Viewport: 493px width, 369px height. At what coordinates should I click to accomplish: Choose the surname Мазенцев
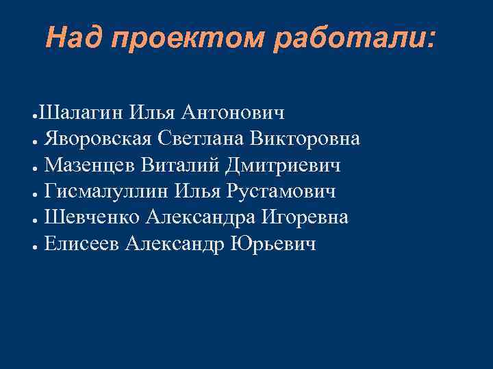click(90, 165)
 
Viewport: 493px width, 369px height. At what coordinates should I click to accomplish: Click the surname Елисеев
click(82, 245)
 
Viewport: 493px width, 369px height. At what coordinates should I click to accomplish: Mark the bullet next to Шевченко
click(34, 219)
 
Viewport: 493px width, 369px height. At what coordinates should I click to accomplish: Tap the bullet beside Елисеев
click(34, 246)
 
